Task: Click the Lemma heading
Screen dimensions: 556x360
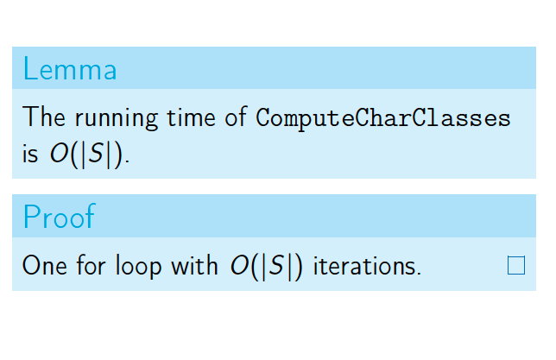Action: click(x=70, y=69)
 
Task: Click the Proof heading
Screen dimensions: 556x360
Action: click(x=60, y=217)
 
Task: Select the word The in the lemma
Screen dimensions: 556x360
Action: click(x=44, y=117)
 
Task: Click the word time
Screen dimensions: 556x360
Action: click(x=191, y=117)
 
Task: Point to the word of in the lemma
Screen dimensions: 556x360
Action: click(x=236, y=117)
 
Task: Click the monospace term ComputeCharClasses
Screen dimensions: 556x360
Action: click(x=383, y=118)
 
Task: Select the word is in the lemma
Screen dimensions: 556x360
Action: click(x=30, y=155)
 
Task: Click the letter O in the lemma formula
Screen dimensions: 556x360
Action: click(x=59, y=153)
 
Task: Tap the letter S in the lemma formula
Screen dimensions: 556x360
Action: click(x=96, y=153)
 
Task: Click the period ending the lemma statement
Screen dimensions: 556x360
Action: click(x=127, y=161)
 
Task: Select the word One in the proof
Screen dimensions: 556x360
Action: click(x=45, y=265)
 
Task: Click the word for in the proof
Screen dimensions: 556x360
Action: click(x=92, y=264)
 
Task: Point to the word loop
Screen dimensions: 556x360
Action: click(x=139, y=267)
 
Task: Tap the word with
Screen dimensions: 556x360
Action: click(x=194, y=264)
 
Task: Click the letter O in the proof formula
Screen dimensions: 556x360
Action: click(x=239, y=265)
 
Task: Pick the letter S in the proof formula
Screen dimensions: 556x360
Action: click(x=276, y=265)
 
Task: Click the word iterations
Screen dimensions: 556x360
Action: click(x=367, y=265)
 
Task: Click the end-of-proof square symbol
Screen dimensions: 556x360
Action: click(x=516, y=265)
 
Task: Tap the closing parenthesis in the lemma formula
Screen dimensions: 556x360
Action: click(x=118, y=155)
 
